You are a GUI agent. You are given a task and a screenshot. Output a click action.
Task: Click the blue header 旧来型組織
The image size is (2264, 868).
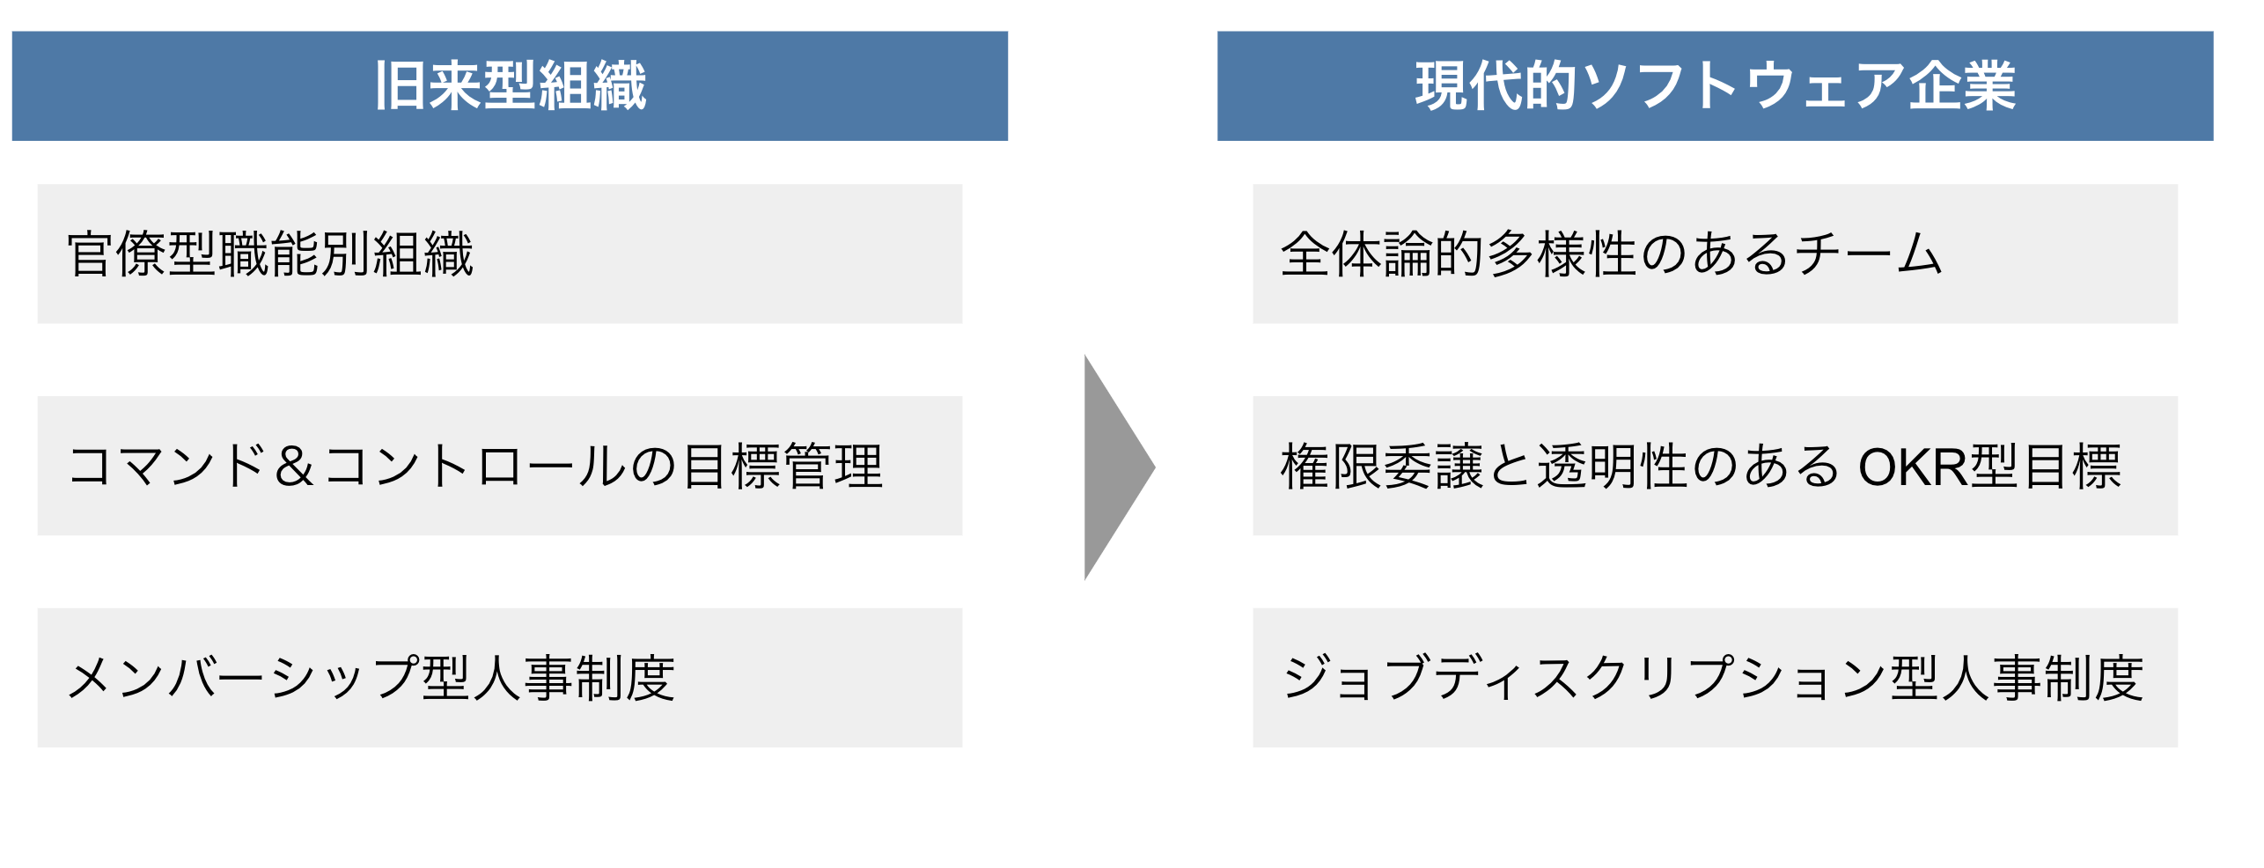(x=510, y=86)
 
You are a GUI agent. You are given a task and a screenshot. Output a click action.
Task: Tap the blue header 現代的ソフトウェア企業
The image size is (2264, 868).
(x=1714, y=86)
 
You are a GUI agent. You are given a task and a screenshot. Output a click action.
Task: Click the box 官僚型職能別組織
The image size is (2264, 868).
(x=499, y=254)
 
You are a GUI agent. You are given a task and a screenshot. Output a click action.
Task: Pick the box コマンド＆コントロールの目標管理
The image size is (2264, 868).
(x=499, y=466)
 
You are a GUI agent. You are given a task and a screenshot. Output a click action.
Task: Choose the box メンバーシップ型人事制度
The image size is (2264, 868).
(x=499, y=678)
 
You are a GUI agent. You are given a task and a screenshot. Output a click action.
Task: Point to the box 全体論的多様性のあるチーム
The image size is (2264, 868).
(x=1714, y=254)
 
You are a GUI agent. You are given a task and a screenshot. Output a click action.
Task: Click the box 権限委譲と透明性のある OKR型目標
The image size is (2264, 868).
(x=1714, y=466)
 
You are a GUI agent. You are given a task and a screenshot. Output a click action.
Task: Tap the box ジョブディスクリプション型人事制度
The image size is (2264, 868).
(x=1714, y=678)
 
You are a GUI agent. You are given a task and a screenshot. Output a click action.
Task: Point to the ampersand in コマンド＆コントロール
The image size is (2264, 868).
(x=294, y=467)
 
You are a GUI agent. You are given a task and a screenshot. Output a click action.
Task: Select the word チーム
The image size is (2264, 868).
(x=1868, y=254)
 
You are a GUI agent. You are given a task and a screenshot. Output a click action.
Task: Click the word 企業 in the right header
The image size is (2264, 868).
(x=1961, y=86)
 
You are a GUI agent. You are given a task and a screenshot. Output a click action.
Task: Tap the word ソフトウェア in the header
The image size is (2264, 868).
(x=1743, y=86)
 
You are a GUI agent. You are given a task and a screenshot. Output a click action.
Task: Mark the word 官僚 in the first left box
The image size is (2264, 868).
(x=117, y=254)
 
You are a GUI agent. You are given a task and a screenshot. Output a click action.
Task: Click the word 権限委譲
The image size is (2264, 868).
(x=1382, y=467)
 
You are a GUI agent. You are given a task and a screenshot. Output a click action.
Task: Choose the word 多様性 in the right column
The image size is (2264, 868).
(x=1562, y=254)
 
